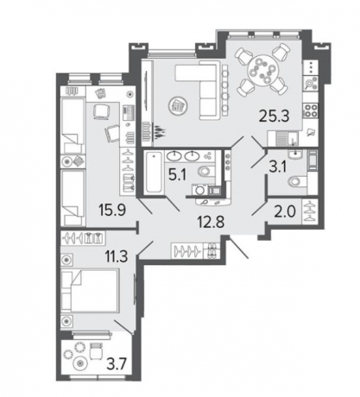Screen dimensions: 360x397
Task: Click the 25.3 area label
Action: point(274,117)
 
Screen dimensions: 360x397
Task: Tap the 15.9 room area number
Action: point(112,210)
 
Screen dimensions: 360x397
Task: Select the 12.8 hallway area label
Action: point(211,222)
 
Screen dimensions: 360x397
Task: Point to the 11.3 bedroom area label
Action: point(117,256)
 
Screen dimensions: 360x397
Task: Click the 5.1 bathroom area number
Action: point(178,174)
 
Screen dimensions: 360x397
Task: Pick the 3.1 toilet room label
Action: point(277,167)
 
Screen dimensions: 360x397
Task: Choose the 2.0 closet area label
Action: point(286,212)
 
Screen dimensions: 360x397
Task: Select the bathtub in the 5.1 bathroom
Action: point(154,173)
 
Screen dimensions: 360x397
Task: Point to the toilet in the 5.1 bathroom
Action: point(205,172)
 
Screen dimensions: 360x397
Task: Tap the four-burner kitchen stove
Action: point(311,110)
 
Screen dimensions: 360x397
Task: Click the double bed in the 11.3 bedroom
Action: point(90,291)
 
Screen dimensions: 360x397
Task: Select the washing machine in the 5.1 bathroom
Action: point(199,190)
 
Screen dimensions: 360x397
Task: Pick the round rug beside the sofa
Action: point(177,106)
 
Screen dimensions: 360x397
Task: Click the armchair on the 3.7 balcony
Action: point(95,350)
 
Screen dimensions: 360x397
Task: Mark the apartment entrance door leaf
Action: point(237,248)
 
